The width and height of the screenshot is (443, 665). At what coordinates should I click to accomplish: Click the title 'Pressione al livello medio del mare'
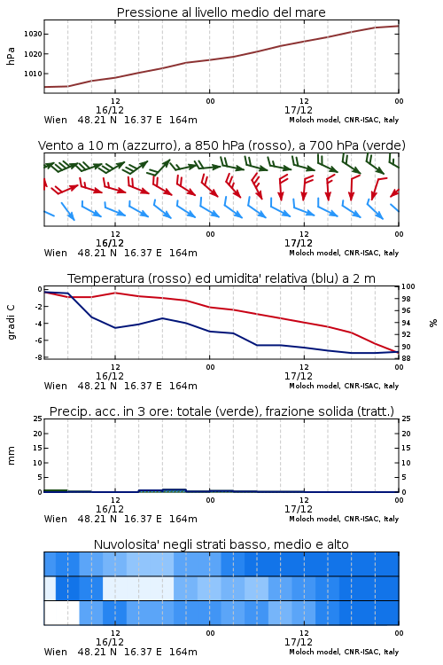tap(221, 12)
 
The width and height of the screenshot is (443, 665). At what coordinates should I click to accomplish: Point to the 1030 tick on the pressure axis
tap(33, 34)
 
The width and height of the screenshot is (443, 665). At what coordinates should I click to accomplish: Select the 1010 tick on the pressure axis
tap(33, 74)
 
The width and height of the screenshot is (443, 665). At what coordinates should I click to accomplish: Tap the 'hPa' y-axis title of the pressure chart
tap(11, 56)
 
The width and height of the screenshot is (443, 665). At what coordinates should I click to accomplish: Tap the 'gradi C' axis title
tap(11, 323)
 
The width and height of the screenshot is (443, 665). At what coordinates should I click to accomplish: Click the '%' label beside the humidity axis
tap(433, 323)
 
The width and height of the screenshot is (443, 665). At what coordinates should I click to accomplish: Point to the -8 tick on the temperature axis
tap(38, 357)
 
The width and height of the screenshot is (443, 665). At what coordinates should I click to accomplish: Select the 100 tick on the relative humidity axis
tap(408, 286)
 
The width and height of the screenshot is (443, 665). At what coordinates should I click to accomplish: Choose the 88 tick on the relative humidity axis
tap(406, 358)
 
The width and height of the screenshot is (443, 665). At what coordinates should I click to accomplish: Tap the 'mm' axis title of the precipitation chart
tap(11, 456)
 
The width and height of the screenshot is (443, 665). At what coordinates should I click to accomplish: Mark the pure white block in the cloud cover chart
tap(61, 613)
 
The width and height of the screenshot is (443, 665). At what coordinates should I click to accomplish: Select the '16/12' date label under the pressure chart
tap(110, 110)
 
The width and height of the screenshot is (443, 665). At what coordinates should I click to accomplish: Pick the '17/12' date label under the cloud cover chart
tap(299, 642)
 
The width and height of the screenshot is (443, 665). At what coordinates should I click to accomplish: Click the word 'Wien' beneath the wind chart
tap(56, 254)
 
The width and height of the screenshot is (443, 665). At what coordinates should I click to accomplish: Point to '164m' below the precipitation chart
tap(183, 519)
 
